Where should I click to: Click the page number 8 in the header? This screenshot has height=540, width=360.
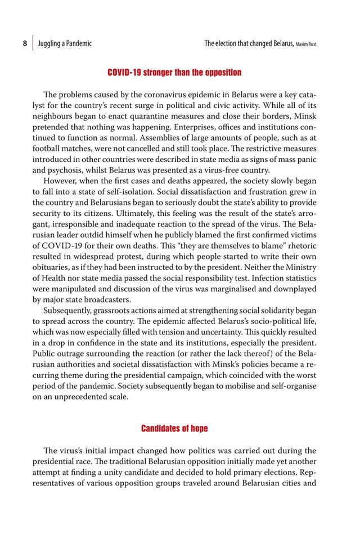coord(25,43)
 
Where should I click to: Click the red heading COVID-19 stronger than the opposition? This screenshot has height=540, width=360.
coord(174,73)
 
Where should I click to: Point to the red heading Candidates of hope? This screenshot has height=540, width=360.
coord(174,429)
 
